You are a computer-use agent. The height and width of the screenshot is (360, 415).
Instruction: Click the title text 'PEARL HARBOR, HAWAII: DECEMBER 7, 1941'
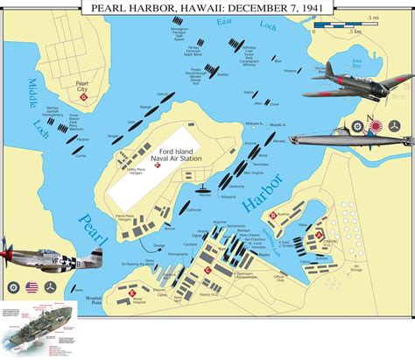click(207, 8)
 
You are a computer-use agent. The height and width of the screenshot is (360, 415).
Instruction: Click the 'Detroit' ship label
click(161, 94)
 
